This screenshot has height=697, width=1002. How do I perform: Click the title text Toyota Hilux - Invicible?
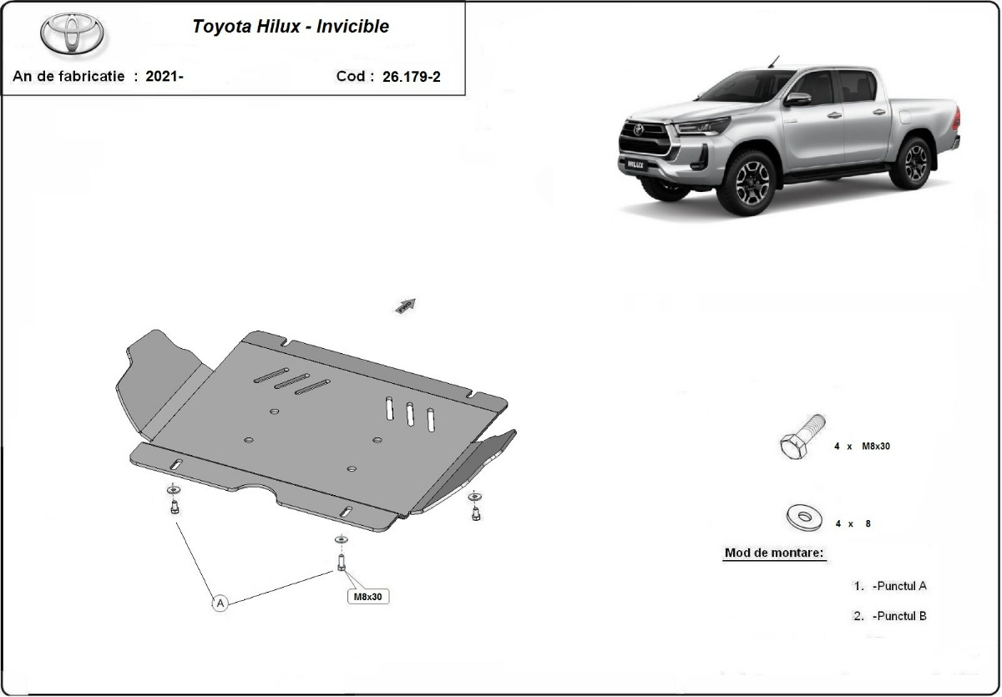tap(291, 26)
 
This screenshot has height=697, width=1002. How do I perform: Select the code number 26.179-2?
tap(411, 77)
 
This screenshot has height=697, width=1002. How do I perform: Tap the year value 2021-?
tap(164, 77)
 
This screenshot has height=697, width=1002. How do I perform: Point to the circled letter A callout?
tap(220, 602)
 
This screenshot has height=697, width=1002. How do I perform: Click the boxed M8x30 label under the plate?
tap(367, 597)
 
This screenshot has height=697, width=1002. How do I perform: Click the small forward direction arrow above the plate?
tap(406, 306)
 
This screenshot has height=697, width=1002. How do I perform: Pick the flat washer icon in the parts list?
tap(804, 518)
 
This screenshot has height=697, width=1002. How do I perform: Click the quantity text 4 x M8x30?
tap(862, 447)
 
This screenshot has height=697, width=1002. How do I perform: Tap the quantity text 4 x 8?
tap(852, 524)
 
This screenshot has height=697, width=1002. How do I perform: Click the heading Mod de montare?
tap(774, 553)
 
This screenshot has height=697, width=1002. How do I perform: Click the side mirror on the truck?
tap(797, 99)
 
